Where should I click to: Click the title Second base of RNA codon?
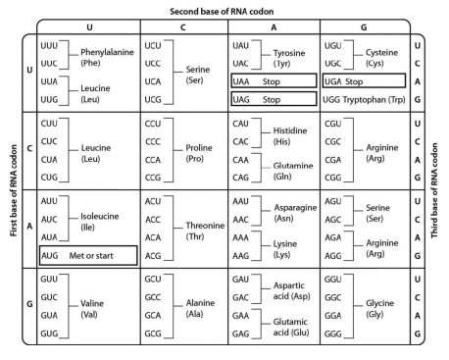click(x=224, y=7)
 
